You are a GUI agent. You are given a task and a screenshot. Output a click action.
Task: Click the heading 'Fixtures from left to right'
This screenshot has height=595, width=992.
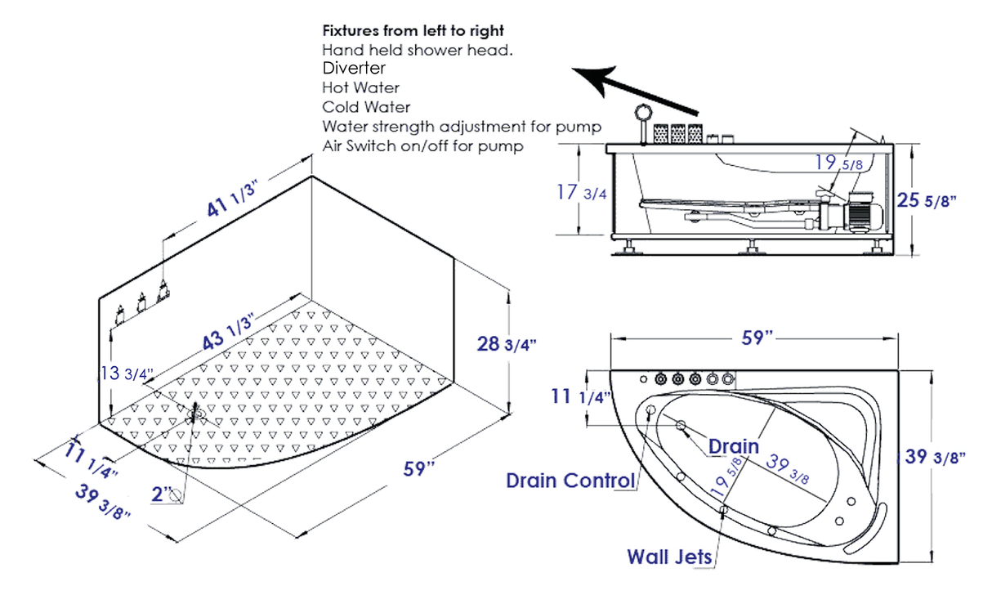point(413,31)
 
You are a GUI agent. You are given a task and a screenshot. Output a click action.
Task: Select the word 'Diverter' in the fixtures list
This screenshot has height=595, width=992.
point(354,68)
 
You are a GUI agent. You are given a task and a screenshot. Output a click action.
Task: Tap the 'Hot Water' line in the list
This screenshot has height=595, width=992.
point(360,87)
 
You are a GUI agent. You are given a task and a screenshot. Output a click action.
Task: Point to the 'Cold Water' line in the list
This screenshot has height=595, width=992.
point(365,107)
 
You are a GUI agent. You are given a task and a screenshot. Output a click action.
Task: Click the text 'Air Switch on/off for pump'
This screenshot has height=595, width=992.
point(422,146)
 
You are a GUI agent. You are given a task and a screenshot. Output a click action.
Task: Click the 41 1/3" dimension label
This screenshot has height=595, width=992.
point(232,197)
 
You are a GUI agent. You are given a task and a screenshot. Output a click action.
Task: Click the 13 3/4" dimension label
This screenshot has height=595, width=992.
point(125,374)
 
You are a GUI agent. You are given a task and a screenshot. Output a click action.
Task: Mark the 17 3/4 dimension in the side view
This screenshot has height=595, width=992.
point(581,194)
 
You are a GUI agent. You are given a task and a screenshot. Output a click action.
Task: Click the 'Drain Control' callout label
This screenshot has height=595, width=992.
point(570,480)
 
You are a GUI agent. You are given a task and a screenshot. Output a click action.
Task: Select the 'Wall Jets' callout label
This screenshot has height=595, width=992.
point(669,557)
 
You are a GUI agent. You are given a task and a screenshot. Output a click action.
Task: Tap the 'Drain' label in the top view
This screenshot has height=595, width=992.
point(733,447)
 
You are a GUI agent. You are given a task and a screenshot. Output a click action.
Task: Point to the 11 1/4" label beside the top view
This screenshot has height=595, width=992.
point(582,397)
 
